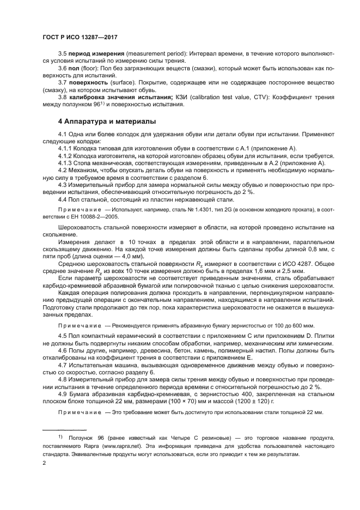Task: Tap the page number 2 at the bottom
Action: pyautogui.click(x=44, y=463)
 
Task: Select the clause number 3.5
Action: pyautogui.click(x=62, y=54)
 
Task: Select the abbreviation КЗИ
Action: pyautogui.click(x=167, y=96)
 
